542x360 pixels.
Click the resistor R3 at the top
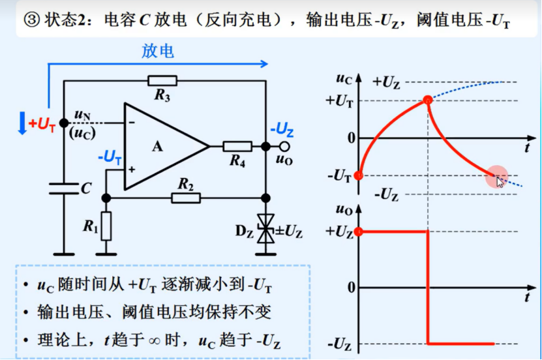pos(162,81)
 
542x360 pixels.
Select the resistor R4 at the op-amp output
pos(237,146)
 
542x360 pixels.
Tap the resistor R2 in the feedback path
pos(186,196)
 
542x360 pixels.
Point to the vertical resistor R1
pos(106,226)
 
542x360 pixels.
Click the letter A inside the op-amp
pos(157,147)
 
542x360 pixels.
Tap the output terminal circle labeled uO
pos(284,147)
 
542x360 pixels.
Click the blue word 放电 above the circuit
pos(158,52)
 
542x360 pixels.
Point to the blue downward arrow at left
pos(22,123)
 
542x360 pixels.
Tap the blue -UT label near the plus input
pos(109,157)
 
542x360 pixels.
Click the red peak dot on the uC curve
pos(427,100)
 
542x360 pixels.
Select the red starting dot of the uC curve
pos(357,175)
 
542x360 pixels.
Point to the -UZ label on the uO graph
pos(340,343)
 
